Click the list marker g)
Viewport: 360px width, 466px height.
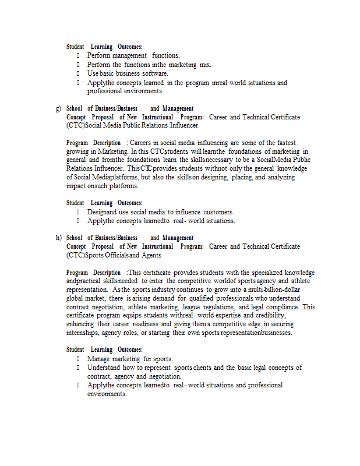pos(58,108)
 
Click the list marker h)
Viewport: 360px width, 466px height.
pos(58,238)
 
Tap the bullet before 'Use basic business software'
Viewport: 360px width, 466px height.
pos(77,73)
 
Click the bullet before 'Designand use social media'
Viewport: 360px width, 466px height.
pos(77,212)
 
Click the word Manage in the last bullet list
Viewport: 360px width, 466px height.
pos(98,359)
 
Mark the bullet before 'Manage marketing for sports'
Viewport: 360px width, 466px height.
pos(77,359)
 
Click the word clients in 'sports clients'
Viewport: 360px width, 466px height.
pos(200,368)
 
